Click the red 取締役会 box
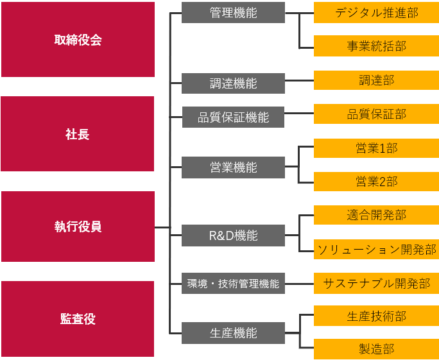pos(78,40)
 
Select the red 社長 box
pos(78,134)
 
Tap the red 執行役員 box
pos(78,227)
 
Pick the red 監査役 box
pos(78,319)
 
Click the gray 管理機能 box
pos(233,13)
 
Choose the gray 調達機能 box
pos(233,83)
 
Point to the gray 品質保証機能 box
pos(233,117)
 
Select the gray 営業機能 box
pos(233,167)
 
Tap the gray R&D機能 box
pos(233,236)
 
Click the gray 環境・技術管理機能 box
pos(233,283)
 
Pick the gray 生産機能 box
pos(233,333)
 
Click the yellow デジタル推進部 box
pos(376,13)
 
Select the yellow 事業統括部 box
pos(376,46)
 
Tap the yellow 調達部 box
pos(376,80)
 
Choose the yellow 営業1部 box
pos(376,148)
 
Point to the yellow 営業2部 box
pos(376,182)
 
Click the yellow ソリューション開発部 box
pos(376,250)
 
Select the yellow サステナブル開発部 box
pos(376,283)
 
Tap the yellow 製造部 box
pos(376,349)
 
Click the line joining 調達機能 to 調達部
pos(299,81)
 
